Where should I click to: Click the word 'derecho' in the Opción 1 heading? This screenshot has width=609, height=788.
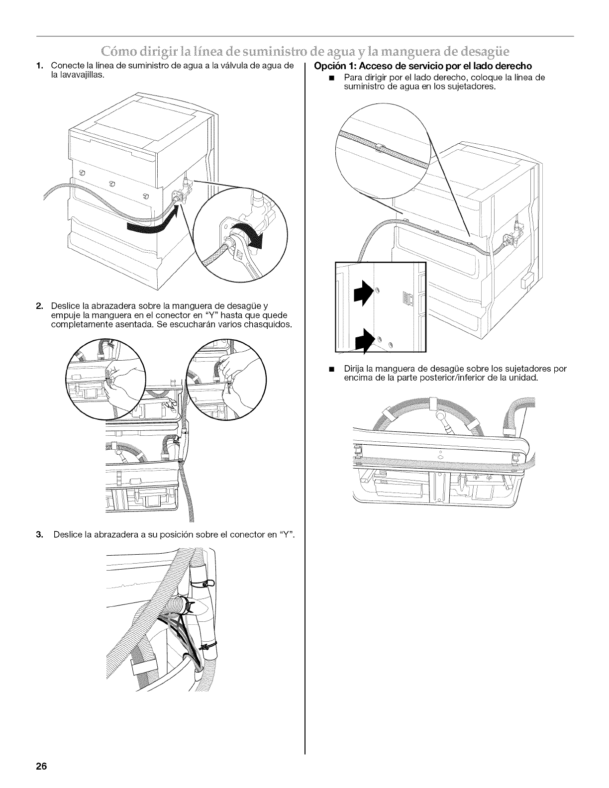click(x=510, y=66)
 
